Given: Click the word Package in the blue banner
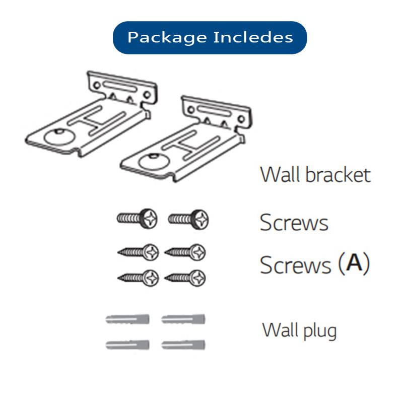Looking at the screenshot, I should pyautogui.click(x=159, y=38).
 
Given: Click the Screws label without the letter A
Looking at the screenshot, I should pyautogui.click(x=294, y=222).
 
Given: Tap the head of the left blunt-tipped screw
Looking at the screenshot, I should pyautogui.click(x=149, y=218).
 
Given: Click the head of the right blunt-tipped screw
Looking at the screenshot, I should pyautogui.click(x=200, y=219).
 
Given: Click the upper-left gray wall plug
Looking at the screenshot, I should pyautogui.click(x=128, y=319).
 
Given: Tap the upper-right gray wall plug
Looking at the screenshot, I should pyautogui.click(x=184, y=319).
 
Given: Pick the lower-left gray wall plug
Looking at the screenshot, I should pyautogui.click(x=128, y=345).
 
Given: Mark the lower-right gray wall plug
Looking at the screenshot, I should pyautogui.click(x=184, y=345).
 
